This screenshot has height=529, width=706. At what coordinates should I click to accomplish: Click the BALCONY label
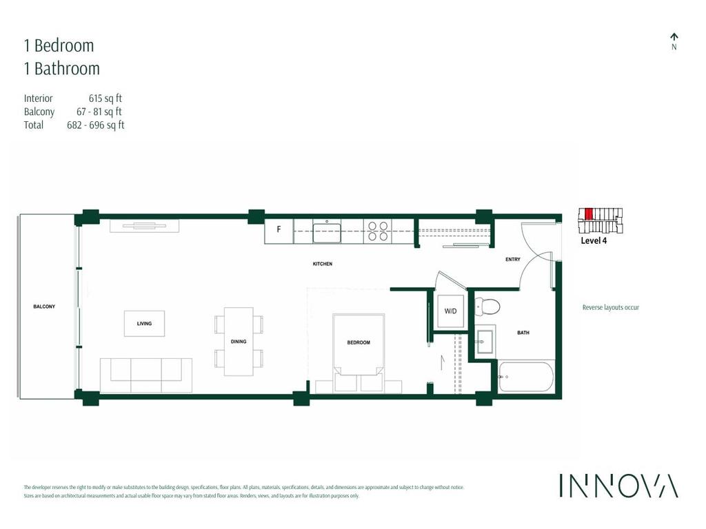[x=43, y=307]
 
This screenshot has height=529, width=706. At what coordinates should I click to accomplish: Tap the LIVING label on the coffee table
[x=144, y=323]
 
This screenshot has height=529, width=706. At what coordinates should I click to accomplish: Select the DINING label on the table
[x=239, y=342]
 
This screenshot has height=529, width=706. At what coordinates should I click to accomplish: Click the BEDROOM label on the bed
[x=359, y=342]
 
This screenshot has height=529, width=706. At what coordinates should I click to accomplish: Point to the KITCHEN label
[x=322, y=264]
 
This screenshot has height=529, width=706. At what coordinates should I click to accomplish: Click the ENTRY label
[x=512, y=260]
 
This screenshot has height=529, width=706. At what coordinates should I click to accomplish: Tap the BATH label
[x=523, y=333]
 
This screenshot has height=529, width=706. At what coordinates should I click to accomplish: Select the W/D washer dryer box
[x=450, y=311]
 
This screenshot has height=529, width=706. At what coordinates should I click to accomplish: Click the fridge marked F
[x=279, y=230]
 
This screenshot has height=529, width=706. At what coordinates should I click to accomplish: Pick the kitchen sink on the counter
[x=327, y=231]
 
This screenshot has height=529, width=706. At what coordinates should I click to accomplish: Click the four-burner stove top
[x=378, y=231]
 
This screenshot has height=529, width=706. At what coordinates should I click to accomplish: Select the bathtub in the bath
[x=526, y=377]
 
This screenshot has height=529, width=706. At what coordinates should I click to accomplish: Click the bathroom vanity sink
[x=485, y=340]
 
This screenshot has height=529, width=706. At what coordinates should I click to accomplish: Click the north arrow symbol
[x=674, y=37]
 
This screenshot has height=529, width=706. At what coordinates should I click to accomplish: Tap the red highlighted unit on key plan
[x=589, y=214]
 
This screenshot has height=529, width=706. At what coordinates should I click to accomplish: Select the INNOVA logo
[x=618, y=486]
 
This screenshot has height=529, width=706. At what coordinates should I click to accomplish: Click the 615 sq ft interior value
[x=105, y=98]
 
